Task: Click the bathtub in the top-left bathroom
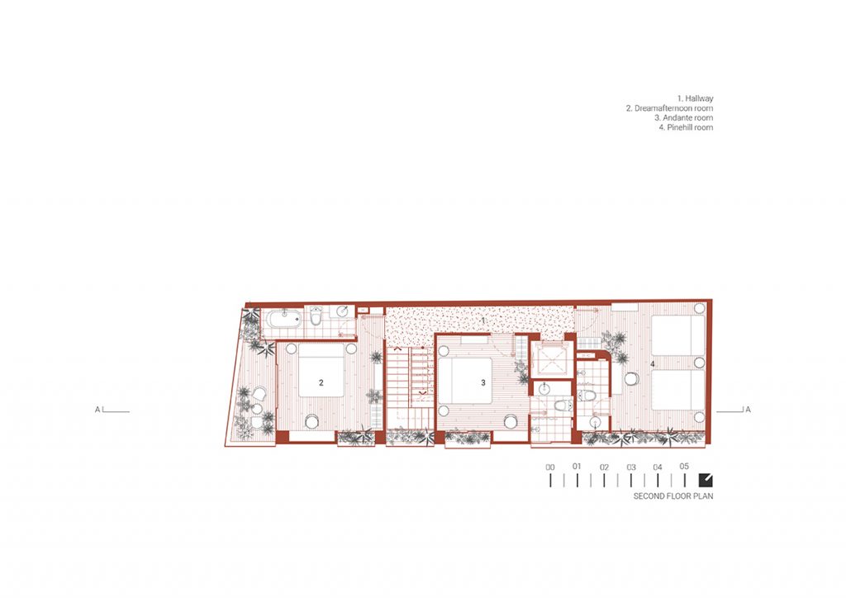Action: [283, 319]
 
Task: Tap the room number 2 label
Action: [321, 383]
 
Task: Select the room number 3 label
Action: [482, 383]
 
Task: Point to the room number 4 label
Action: [653, 364]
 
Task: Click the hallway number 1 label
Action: [482, 320]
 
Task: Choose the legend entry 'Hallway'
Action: [695, 98]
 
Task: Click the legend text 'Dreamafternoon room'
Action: [669, 108]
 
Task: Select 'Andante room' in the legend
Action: [683, 118]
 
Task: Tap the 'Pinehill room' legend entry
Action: [686, 128]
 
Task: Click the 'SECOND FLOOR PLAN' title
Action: [673, 496]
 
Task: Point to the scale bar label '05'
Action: [684, 467]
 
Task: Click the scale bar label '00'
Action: [549, 467]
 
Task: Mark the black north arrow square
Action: [706, 480]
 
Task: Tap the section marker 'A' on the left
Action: [97, 410]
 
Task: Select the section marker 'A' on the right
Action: [748, 410]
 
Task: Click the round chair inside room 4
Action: [632, 379]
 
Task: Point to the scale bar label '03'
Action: [631, 467]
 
